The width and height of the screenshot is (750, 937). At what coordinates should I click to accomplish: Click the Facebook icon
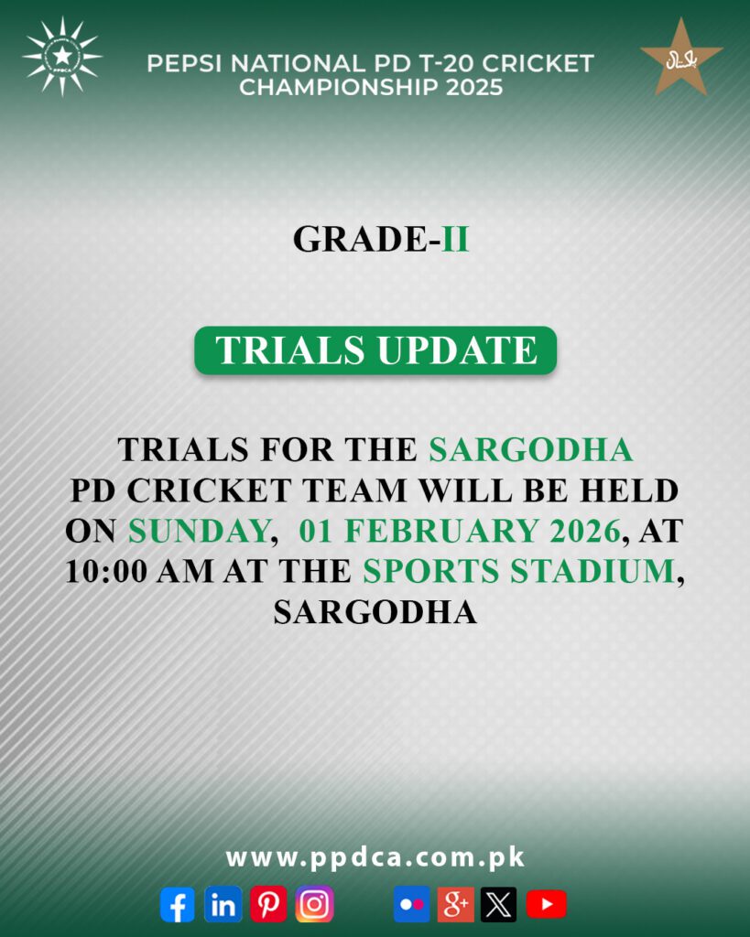tap(177, 904)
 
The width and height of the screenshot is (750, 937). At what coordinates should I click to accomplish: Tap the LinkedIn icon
tap(223, 904)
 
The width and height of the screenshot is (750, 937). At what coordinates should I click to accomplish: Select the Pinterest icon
tap(268, 904)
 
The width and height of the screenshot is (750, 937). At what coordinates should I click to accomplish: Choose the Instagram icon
tap(314, 904)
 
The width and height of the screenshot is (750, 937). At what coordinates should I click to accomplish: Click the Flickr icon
tap(411, 904)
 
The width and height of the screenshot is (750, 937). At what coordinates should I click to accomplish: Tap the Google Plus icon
tap(455, 904)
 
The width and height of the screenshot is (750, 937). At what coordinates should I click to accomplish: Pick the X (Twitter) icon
tap(499, 904)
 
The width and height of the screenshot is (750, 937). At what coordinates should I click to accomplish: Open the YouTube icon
tap(546, 904)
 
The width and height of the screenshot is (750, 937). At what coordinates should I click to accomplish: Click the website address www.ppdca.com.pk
tap(375, 857)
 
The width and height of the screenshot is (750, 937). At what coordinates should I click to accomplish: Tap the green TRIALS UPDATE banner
tap(375, 350)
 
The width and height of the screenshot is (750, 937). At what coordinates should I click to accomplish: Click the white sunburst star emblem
tap(62, 57)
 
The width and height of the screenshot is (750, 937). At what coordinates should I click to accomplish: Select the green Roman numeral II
tap(455, 239)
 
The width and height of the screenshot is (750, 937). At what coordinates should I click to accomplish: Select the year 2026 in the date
tap(578, 531)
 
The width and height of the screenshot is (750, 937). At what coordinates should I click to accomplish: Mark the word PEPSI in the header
tap(181, 64)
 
